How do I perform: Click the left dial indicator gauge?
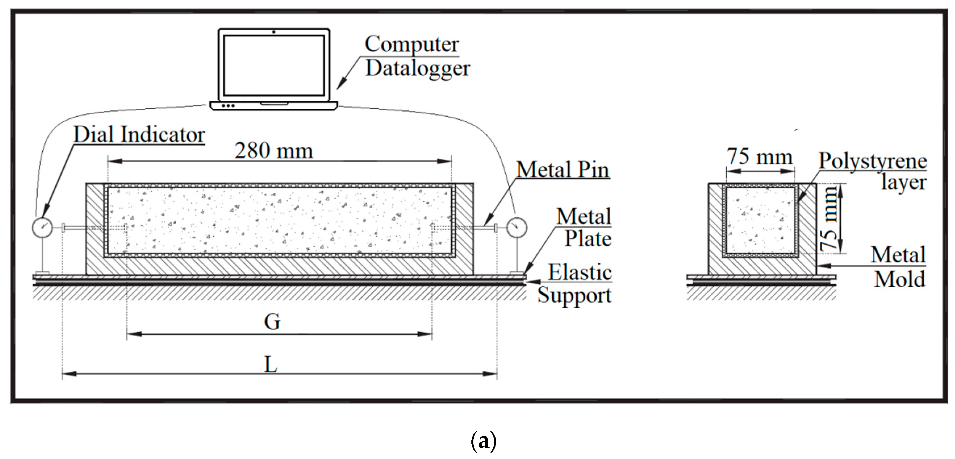[43, 227]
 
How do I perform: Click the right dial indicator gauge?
[517, 227]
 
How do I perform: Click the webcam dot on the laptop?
[273, 32]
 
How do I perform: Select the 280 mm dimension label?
[273, 151]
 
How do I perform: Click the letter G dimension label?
[272, 322]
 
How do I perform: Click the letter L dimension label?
[271, 365]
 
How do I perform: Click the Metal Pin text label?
[563, 170]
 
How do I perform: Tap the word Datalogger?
[417, 68]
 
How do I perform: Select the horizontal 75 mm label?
[760, 157]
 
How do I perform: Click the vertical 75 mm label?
[828, 219]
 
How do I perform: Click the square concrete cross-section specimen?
[760, 221]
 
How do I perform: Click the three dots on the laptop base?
[228, 106]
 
